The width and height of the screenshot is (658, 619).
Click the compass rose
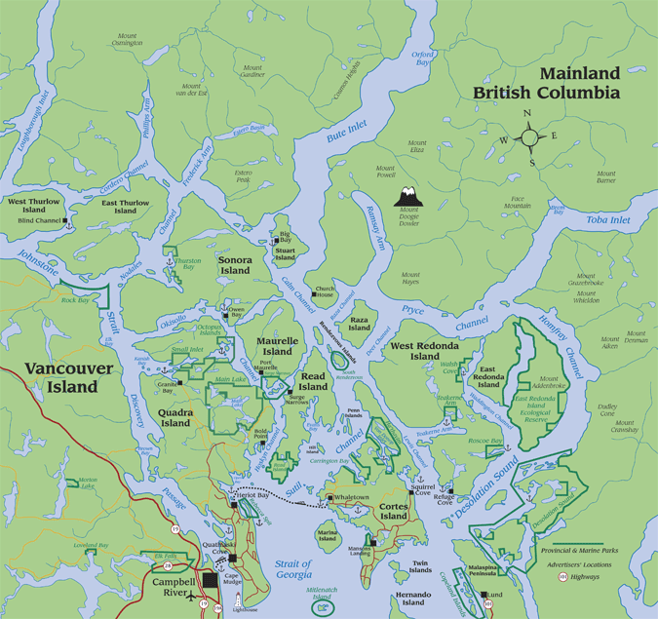point(530,136)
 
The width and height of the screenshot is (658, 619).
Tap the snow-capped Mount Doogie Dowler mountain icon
point(407,194)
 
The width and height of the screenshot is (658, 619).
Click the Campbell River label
point(174,586)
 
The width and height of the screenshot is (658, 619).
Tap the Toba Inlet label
point(608,221)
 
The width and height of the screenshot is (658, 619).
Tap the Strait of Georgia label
point(291,569)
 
